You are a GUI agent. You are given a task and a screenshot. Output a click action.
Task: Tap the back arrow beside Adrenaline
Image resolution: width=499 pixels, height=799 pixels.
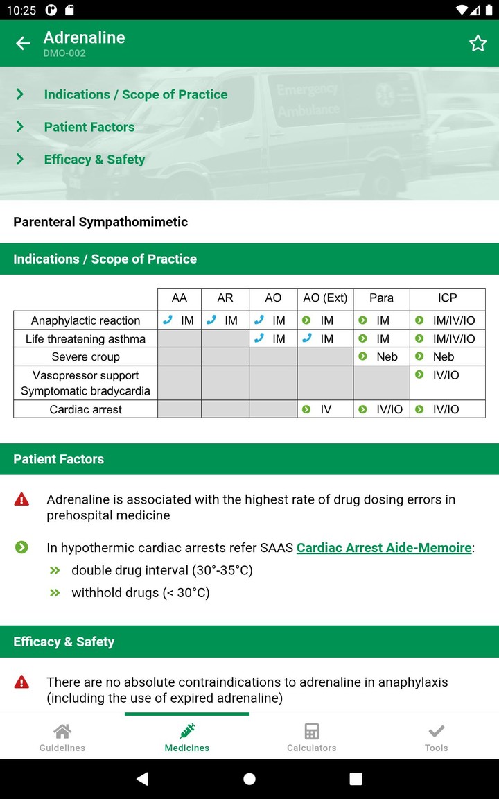coord(23,43)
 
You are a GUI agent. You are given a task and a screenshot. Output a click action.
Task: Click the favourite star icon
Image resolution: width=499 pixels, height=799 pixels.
coord(478,43)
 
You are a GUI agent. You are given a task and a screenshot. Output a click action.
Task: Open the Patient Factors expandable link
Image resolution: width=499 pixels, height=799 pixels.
coord(89,127)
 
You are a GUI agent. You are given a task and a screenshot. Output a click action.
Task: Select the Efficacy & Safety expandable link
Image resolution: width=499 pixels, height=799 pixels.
coord(94,160)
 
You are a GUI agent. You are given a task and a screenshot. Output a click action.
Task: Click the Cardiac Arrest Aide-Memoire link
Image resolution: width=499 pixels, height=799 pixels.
coord(384,548)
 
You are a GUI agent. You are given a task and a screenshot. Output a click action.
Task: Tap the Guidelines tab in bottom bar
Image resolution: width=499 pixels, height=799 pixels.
coord(62,737)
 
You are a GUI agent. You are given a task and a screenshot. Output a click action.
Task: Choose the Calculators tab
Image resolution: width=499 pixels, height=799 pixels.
coord(312,737)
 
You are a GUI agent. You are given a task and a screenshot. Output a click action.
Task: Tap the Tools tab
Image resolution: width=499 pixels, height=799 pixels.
coord(437,737)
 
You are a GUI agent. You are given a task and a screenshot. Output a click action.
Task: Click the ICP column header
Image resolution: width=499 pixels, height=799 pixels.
coord(447,298)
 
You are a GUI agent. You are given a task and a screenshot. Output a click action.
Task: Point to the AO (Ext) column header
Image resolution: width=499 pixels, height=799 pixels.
coord(325,298)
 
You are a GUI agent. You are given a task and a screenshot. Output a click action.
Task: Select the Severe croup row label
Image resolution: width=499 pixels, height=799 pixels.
coord(85,357)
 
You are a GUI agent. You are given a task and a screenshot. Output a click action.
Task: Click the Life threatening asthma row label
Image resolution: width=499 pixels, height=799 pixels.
coord(85,339)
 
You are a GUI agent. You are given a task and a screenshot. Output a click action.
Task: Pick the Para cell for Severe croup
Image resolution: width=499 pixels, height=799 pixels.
coord(381,357)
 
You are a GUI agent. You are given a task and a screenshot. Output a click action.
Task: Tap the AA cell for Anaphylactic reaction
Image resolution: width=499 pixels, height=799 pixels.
coord(179,320)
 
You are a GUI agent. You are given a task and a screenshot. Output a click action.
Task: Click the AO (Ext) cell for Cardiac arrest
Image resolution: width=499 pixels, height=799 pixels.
coord(325,410)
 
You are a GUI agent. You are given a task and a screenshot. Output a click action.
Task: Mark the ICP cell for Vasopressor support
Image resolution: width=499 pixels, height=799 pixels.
coord(447,375)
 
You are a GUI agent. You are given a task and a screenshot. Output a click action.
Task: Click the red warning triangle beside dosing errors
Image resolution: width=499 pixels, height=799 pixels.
coord(22,499)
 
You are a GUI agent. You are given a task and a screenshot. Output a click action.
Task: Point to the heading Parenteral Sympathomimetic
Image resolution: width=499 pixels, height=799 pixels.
coord(100,222)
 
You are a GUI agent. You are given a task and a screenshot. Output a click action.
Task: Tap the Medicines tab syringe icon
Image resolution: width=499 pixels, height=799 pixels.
coord(187,731)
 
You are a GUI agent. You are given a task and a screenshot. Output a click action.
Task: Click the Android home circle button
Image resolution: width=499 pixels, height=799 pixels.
coord(249,779)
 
